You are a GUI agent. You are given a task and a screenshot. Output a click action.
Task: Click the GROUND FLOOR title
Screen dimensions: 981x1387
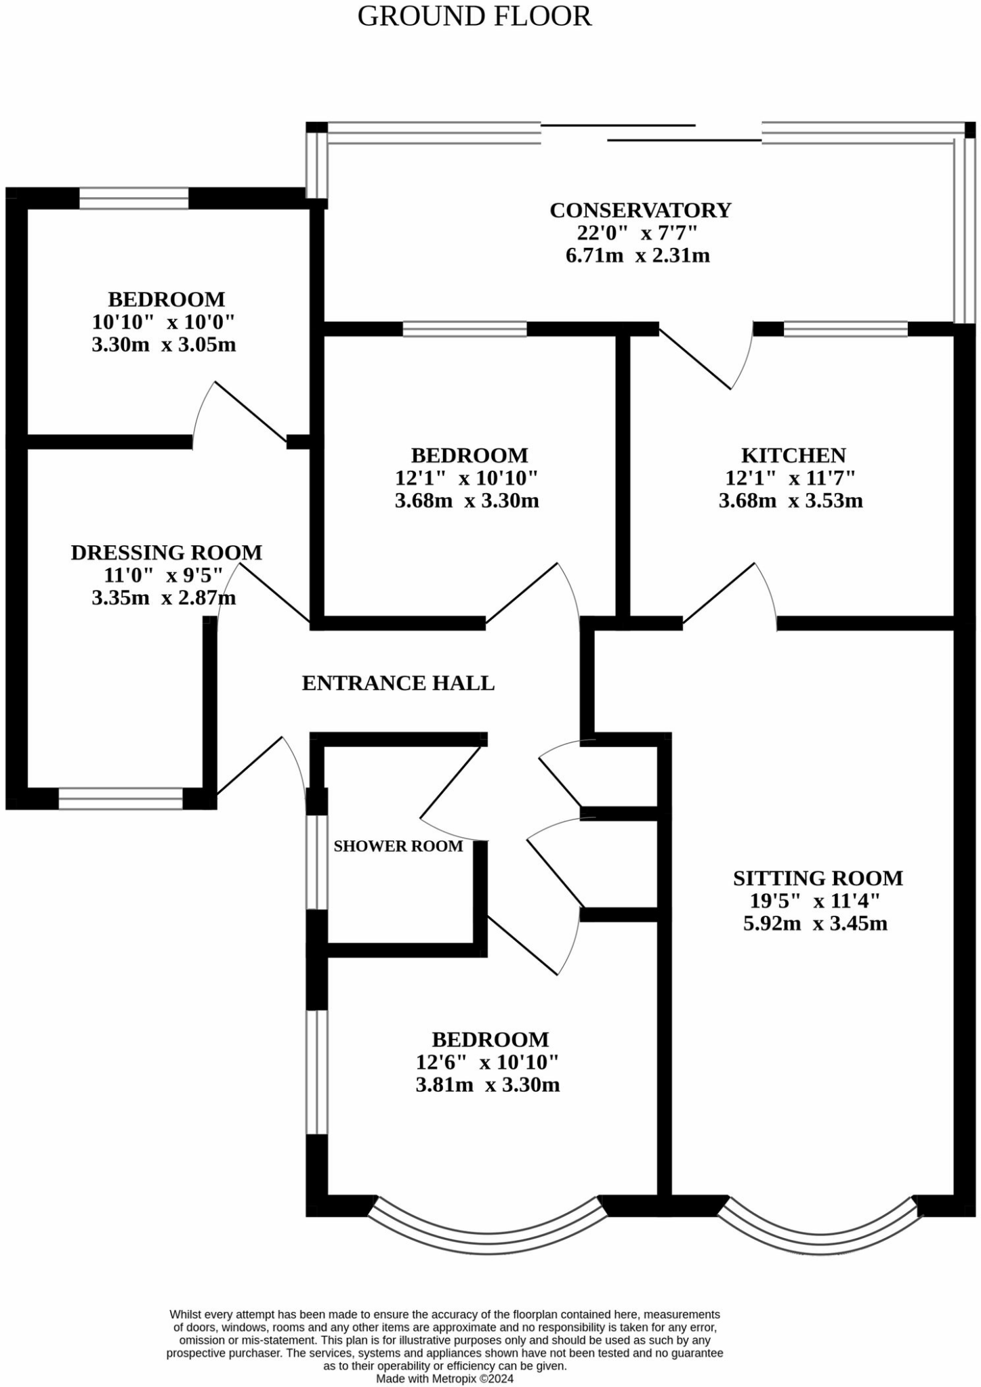[474, 16]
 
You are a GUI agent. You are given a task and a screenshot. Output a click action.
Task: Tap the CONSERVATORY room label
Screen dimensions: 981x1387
[640, 210]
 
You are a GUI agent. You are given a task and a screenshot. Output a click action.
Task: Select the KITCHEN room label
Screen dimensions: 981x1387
[793, 455]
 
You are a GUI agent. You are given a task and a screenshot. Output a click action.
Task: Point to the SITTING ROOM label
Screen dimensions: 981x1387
[818, 878]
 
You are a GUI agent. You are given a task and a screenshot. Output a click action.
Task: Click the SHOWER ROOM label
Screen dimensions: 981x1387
[398, 846]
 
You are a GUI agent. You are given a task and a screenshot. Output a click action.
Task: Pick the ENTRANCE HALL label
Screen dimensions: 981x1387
[398, 683]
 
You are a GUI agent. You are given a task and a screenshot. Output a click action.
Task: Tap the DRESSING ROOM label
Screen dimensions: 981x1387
[166, 553]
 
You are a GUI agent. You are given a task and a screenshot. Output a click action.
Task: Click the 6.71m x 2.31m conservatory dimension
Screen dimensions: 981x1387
[638, 255]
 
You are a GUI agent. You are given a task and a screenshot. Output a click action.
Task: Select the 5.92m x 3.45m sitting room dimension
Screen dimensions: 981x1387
[815, 923]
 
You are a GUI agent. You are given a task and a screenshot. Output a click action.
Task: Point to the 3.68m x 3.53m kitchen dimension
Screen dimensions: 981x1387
[791, 501]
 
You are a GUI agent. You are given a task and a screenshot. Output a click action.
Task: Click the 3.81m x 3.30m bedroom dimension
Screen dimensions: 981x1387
[488, 1085]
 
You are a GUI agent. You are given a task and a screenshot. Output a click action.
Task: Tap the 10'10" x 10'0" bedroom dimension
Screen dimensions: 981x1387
[163, 322]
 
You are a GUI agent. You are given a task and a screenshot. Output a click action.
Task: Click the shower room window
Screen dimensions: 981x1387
[316, 861]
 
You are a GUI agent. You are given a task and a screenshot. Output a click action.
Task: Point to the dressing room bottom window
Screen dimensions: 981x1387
[121, 798]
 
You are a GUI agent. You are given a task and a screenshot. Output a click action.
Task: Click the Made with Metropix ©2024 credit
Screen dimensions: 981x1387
[445, 1378]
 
